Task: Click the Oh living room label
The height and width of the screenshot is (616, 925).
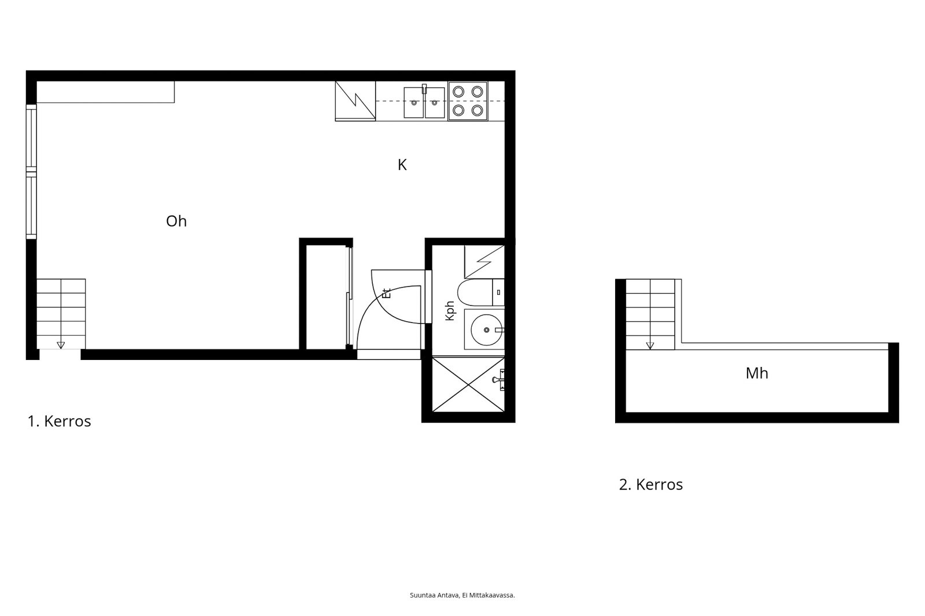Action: coord(176,221)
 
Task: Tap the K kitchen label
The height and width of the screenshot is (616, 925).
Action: coord(402,165)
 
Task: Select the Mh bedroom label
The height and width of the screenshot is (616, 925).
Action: coord(757,373)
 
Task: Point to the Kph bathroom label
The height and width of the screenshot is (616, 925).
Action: coord(450,310)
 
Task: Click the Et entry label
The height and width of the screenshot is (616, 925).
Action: coord(387,293)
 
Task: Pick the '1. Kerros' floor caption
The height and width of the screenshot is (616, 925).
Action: coord(59,421)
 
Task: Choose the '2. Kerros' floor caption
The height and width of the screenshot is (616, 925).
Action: coord(651,484)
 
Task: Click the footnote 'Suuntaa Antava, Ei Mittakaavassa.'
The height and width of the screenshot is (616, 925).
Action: coord(462,595)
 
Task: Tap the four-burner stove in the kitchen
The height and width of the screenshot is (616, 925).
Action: coord(468,101)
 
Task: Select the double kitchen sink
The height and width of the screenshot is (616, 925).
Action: coord(424,102)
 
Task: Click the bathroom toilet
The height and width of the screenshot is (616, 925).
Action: coord(480,292)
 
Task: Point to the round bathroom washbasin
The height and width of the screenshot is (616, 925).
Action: coord(486,330)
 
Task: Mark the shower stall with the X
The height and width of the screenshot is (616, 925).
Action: coord(468,384)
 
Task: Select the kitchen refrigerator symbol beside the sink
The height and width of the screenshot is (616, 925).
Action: coord(355,101)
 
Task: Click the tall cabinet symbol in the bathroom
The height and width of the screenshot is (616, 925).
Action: coord(484,262)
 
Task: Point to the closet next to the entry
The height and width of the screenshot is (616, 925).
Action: coord(326,297)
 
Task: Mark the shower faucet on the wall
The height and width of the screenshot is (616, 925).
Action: coord(499,380)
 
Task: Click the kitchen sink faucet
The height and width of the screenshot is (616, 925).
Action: coord(424,89)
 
